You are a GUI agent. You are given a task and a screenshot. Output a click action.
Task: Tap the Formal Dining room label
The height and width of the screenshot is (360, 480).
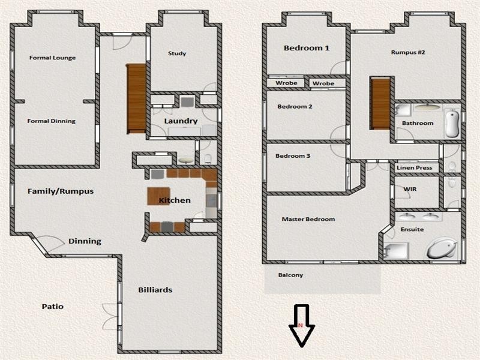coord(52,121)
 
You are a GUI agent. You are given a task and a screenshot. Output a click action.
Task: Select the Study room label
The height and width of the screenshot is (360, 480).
coord(177,53)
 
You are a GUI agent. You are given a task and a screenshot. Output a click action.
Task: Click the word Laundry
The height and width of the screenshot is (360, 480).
coord(181,121)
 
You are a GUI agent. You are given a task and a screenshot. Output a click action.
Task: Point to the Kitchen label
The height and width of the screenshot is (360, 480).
coord(175,200)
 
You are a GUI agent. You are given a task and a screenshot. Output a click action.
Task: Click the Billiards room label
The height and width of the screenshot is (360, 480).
coord(155,290)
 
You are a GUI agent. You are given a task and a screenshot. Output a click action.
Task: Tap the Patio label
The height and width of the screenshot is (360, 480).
coord(52,307)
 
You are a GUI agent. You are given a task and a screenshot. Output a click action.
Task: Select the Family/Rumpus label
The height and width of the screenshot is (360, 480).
coord(61,191)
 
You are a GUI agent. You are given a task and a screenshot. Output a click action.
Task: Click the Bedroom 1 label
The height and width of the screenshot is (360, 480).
coord(307,48)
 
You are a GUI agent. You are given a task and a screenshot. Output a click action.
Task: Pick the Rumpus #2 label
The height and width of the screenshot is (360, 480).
coord(408,52)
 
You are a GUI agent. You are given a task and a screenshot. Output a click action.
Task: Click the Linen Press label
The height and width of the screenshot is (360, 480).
coord(415,168)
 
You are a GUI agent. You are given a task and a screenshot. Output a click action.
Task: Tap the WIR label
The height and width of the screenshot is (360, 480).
coord(410,189)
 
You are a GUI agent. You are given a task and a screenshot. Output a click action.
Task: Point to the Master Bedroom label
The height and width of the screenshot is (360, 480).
coord(308,220)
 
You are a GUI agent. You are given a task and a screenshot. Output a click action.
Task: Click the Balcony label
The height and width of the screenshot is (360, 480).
coord(290,275)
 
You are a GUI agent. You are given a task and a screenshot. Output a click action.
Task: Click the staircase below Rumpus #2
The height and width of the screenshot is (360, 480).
coord(380,103)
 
